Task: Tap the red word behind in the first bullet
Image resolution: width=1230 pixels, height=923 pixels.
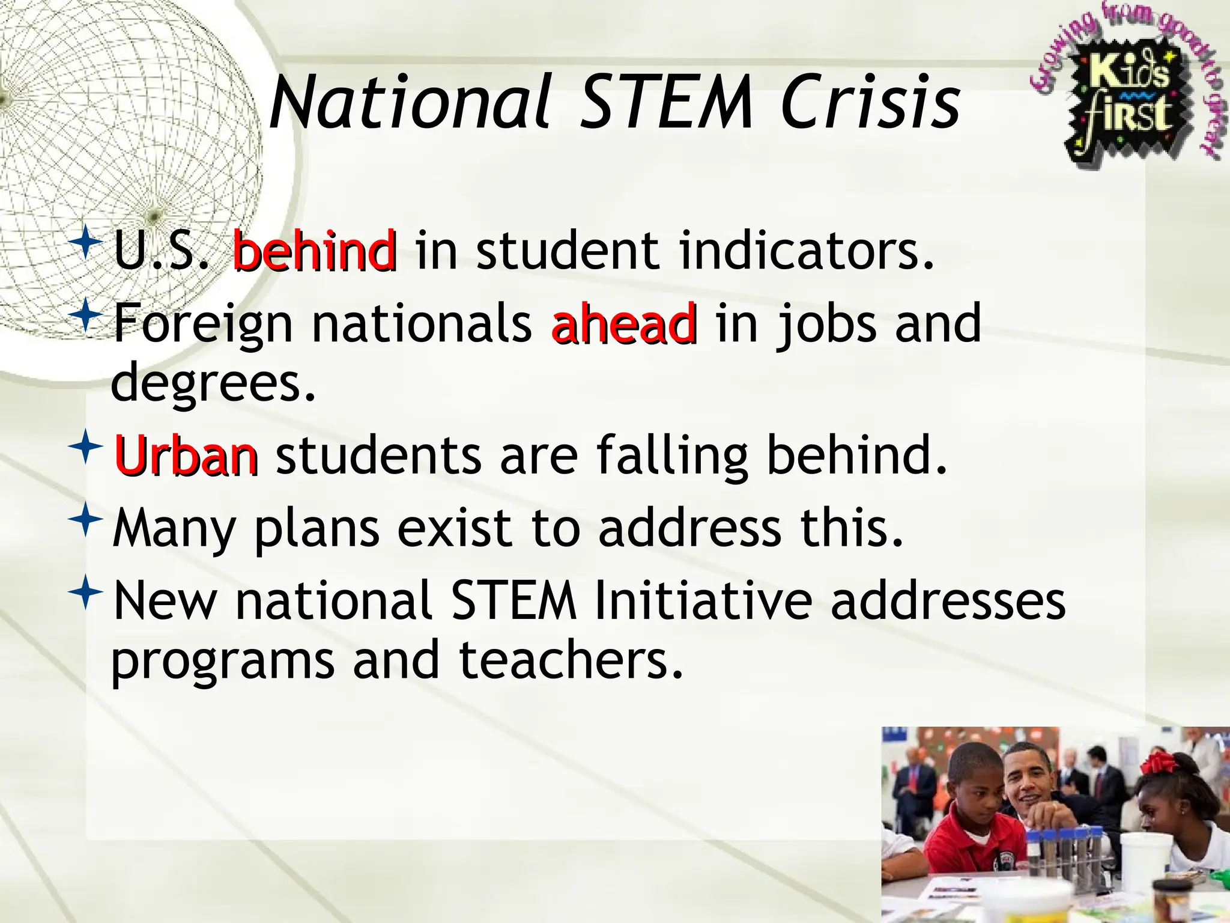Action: [x=314, y=251]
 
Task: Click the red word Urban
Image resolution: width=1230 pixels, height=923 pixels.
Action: [x=186, y=455]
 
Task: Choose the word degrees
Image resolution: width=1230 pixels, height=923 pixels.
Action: [x=213, y=383]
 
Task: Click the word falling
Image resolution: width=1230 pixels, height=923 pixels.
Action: [x=673, y=455]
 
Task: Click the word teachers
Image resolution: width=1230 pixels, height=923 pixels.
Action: [x=571, y=659]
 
